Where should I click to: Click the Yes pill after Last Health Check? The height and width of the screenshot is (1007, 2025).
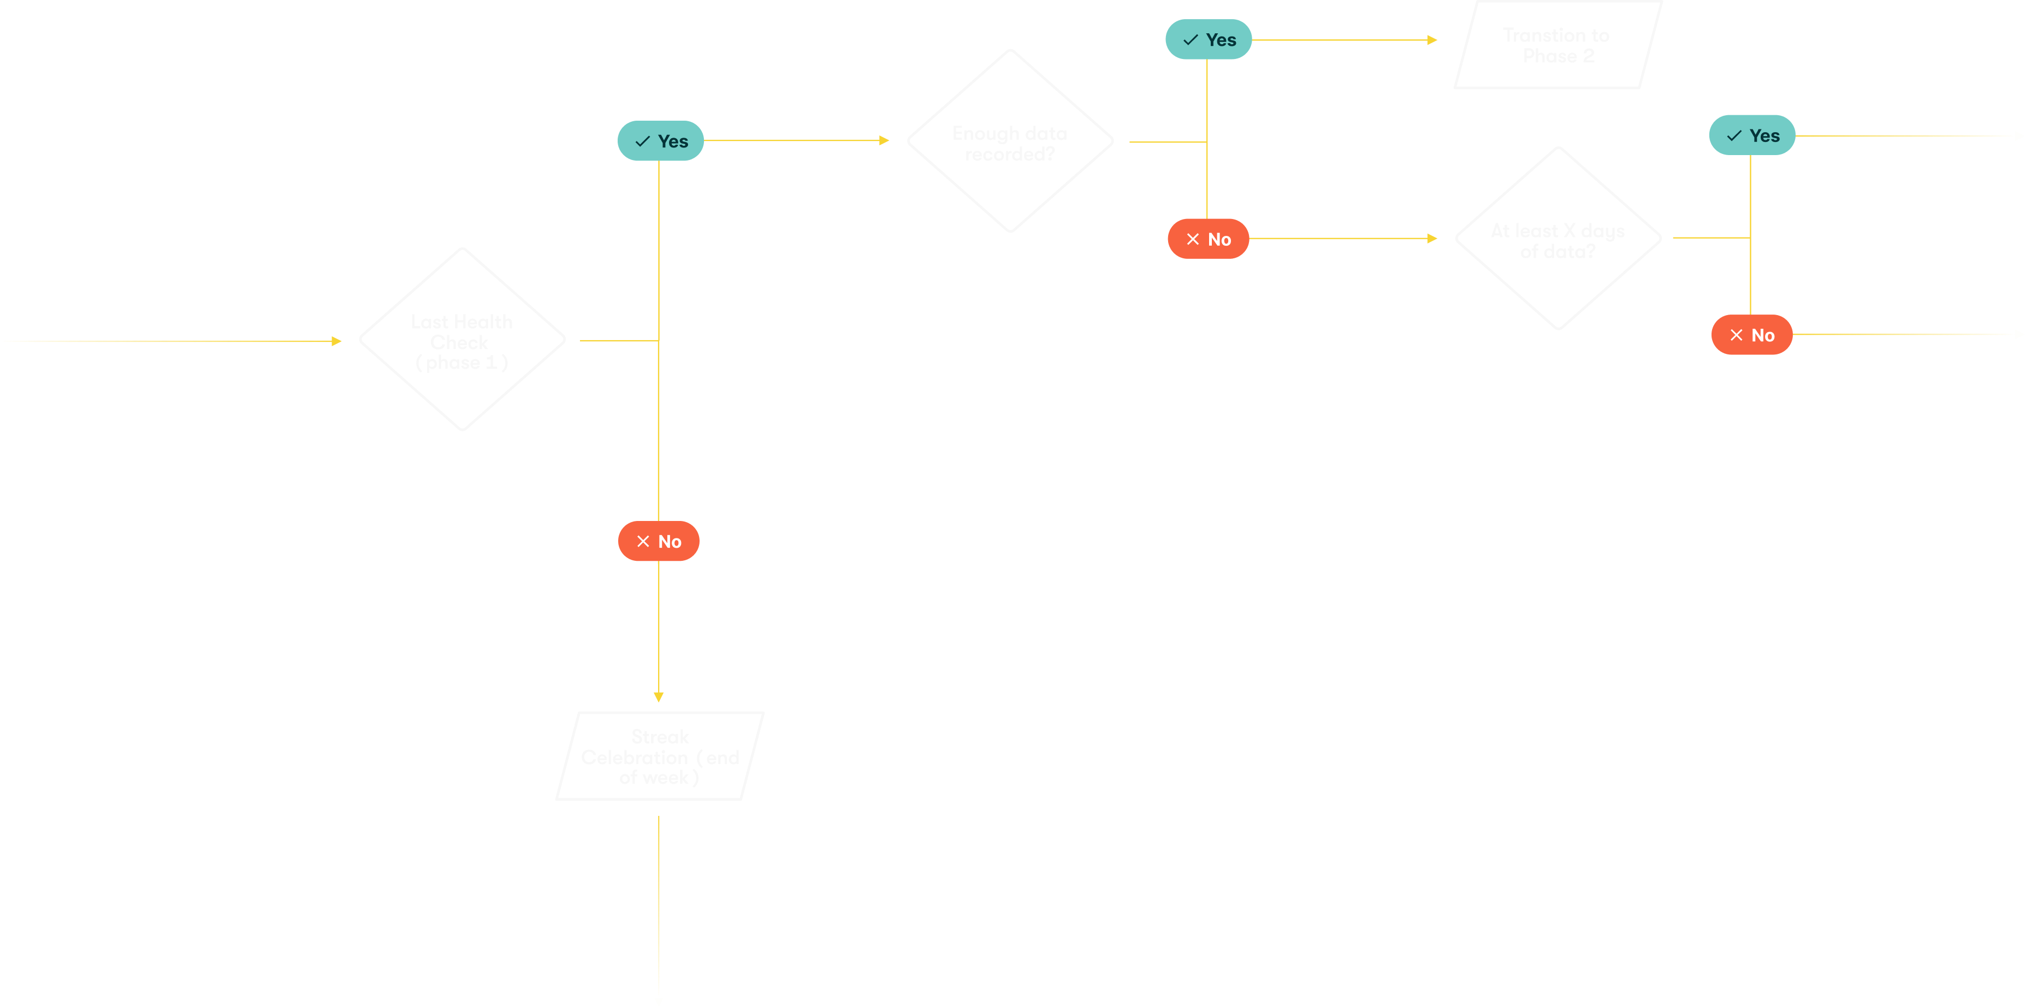pyautogui.click(x=660, y=141)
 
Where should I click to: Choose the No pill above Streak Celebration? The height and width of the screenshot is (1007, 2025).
pyautogui.click(x=659, y=541)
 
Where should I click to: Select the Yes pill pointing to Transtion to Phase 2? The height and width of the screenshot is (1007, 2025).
pyautogui.click(x=1208, y=39)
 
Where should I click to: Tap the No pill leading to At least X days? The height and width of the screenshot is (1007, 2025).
pyautogui.click(x=1208, y=239)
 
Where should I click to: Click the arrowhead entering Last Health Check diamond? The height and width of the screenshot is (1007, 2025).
pyautogui.click(x=336, y=341)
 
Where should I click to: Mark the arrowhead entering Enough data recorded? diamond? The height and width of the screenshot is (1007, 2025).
pyautogui.click(x=884, y=141)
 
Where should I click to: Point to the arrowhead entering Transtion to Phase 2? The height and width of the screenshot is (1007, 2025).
pyautogui.click(x=1432, y=40)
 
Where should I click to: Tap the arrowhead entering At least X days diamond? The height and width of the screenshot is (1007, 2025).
pyautogui.click(x=1432, y=238)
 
